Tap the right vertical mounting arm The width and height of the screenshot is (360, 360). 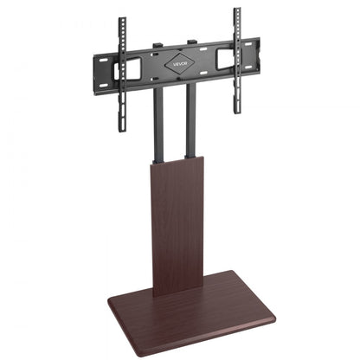[235, 61]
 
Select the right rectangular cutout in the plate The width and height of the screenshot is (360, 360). [223, 58]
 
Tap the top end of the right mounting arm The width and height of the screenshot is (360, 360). [235, 11]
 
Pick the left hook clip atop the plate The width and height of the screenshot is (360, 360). [157, 46]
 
